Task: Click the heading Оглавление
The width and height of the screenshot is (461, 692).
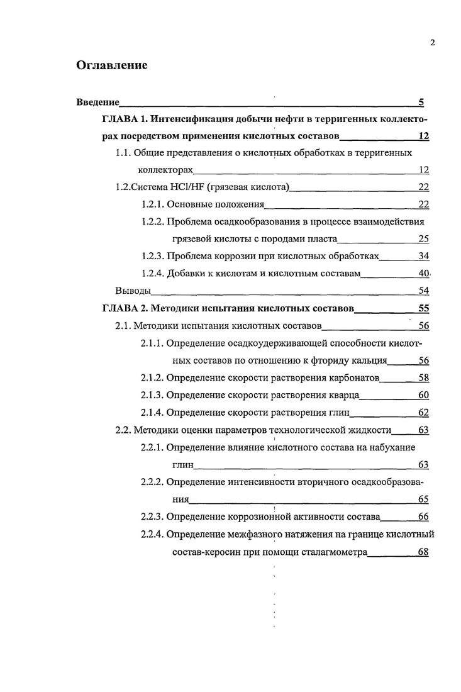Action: click(x=111, y=65)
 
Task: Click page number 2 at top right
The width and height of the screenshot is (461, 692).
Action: click(x=433, y=43)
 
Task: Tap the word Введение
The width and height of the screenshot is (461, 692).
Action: click(x=97, y=102)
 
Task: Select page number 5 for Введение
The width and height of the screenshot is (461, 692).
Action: click(x=421, y=102)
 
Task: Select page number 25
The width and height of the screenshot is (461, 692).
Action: click(x=423, y=238)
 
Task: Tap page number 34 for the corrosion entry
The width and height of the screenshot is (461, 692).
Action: click(x=423, y=256)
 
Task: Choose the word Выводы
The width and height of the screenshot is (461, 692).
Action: click(x=133, y=291)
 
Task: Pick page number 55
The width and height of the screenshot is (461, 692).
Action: click(x=423, y=308)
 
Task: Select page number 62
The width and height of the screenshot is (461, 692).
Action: click(x=423, y=413)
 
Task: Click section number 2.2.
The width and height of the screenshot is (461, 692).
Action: click(x=122, y=430)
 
